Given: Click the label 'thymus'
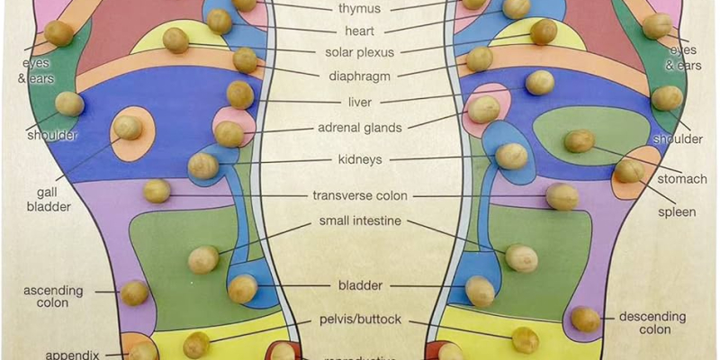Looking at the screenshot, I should click(359, 9).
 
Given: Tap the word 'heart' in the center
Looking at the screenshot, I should click(359, 31).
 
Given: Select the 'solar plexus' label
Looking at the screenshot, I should click(358, 53).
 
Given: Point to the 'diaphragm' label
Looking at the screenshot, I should click(358, 75).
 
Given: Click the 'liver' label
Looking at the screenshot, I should click(359, 103).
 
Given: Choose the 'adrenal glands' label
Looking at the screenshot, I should click(359, 128).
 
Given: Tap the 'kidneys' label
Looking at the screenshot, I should click(360, 159).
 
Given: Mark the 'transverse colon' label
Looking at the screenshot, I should click(360, 195).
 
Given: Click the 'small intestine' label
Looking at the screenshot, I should click(360, 221).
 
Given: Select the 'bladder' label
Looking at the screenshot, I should click(360, 286).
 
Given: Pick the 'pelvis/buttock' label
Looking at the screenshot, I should click(360, 319).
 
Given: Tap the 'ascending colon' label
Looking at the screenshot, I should click(53, 297).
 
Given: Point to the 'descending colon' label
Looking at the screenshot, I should click(652, 323).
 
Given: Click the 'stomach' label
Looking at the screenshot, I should click(682, 180).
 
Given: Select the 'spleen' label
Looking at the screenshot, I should click(676, 212).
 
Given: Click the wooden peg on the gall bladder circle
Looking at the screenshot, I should click(128, 127).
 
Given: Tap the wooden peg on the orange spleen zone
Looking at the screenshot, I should click(629, 169).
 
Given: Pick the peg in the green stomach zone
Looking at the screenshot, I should click(580, 140).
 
